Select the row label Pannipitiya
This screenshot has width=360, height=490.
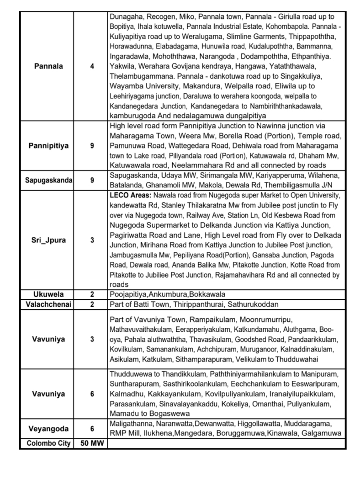[48, 146]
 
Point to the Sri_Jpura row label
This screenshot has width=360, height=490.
[48, 240]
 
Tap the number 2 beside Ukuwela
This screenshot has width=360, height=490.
[92, 293]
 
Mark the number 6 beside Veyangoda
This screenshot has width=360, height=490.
[92, 429]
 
